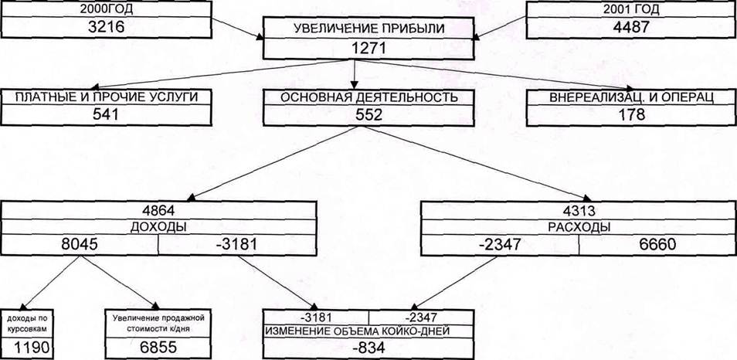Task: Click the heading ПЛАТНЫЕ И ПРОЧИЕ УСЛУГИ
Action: coord(102,98)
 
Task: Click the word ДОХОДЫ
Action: coord(158,227)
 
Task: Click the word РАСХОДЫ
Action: coord(578,227)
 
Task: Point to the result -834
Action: coord(369,348)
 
